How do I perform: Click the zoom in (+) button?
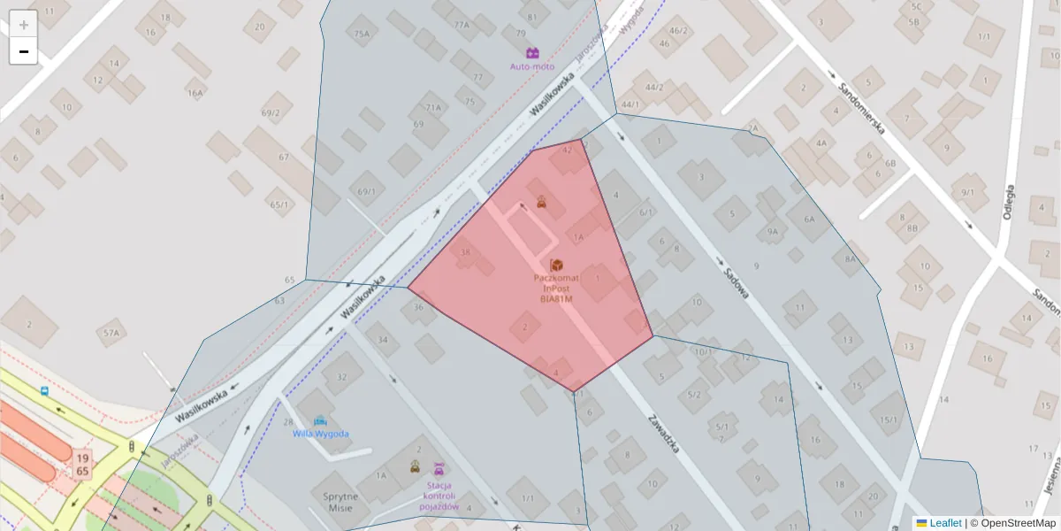[24, 25]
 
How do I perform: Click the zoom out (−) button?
[24, 51]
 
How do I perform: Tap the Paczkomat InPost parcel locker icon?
[556, 265]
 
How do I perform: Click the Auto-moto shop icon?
[532, 53]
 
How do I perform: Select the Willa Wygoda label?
[320, 434]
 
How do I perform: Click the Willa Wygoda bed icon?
[320, 420]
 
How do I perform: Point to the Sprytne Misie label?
[340, 502]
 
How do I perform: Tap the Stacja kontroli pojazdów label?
[439, 496]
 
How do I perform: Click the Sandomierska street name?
[861, 104]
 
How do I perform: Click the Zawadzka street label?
[663, 434]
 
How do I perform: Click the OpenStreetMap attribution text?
[1018, 523]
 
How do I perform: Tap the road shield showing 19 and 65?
[82, 465]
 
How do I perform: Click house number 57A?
[111, 333]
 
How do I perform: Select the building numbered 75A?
[362, 34]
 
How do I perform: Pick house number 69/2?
[271, 112]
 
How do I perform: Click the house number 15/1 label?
[889, 419]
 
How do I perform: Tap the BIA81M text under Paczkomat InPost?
[556, 299]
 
